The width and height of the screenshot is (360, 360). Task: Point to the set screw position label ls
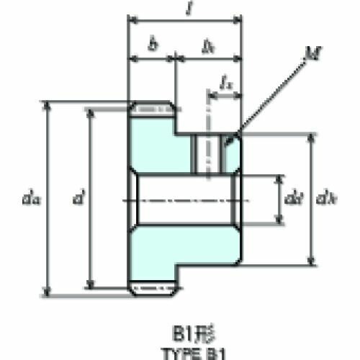click(x=225, y=84)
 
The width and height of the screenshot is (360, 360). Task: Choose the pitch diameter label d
click(x=78, y=196)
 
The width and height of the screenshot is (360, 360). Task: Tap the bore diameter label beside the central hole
click(x=292, y=197)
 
